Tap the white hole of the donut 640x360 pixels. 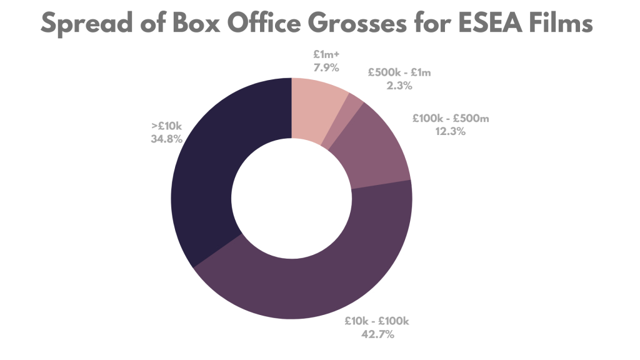291,199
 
